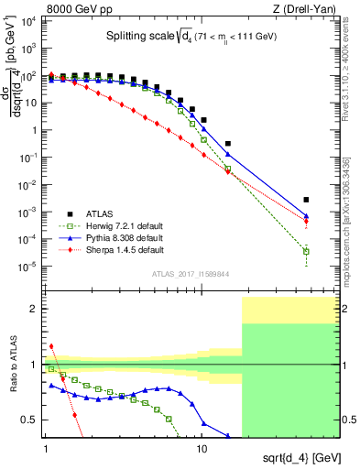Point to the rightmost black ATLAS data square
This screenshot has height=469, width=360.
pyautogui.click(x=307, y=200)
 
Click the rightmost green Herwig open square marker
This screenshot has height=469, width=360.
pyautogui.click(x=307, y=251)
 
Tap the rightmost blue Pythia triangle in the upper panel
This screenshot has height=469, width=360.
pyautogui.click(x=307, y=216)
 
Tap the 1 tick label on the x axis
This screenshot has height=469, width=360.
pyautogui.click(x=46, y=451)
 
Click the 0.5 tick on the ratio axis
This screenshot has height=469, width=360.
pyautogui.click(x=33, y=420)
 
